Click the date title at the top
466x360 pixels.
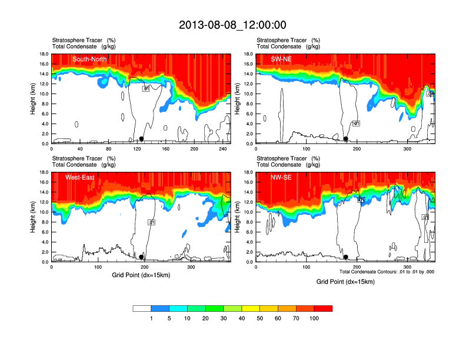pyautogui.click(x=232, y=25)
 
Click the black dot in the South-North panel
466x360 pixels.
pyautogui.click(x=141, y=139)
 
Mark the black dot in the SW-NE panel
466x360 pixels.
pyautogui.click(x=346, y=139)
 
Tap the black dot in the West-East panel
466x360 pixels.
pyautogui.click(x=141, y=257)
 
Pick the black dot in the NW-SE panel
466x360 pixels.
pyautogui.click(x=346, y=257)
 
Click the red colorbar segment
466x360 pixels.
pyautogui.click(x=323, y=308)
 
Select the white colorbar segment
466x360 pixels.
pyautogui.click(x=142, y=308)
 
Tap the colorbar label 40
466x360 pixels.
pyautogui.click(x=241, y=318)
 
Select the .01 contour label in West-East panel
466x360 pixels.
pyautogui.click(x=151, y=222)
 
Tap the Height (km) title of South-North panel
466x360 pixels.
pyautogui.click(x=34, y=99)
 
